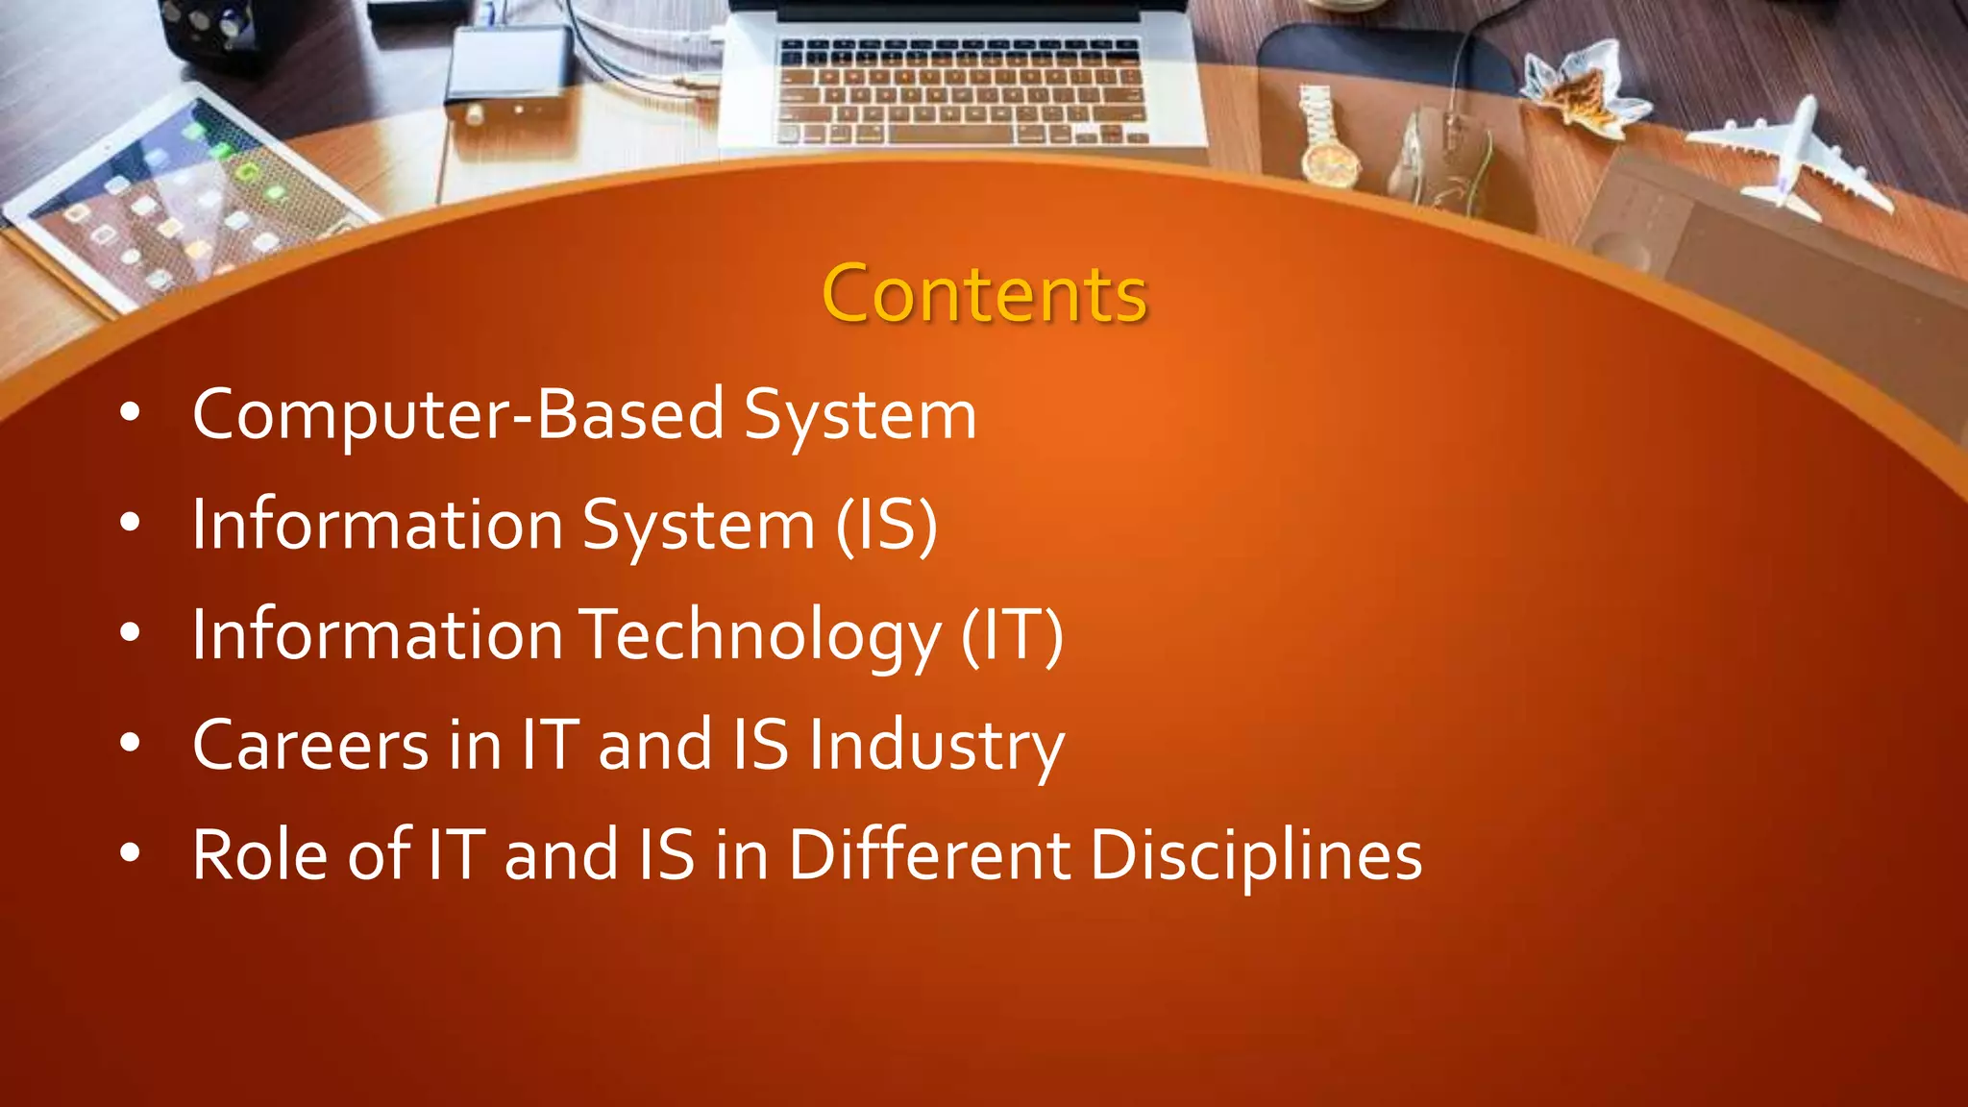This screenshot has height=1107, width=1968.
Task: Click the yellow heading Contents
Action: [x=984, y=294]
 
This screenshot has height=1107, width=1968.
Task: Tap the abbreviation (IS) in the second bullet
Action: [x=886, y=526]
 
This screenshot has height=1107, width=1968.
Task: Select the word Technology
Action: [x=763, y=635]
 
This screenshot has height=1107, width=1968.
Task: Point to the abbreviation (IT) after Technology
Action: [x=1012, y=635]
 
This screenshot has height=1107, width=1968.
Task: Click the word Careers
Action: [x=310, y=746]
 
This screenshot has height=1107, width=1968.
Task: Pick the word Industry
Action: [x=935, y=746]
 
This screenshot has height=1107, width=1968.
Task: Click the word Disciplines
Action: [x=1256, y=855]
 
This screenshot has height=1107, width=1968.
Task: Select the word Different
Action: [x=929, y=855]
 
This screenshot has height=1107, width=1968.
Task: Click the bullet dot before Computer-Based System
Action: [x=131, y=413]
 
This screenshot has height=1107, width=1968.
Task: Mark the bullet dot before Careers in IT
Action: [x=131, y=743]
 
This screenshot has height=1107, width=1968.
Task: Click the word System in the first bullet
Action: [x=860, y=415]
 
